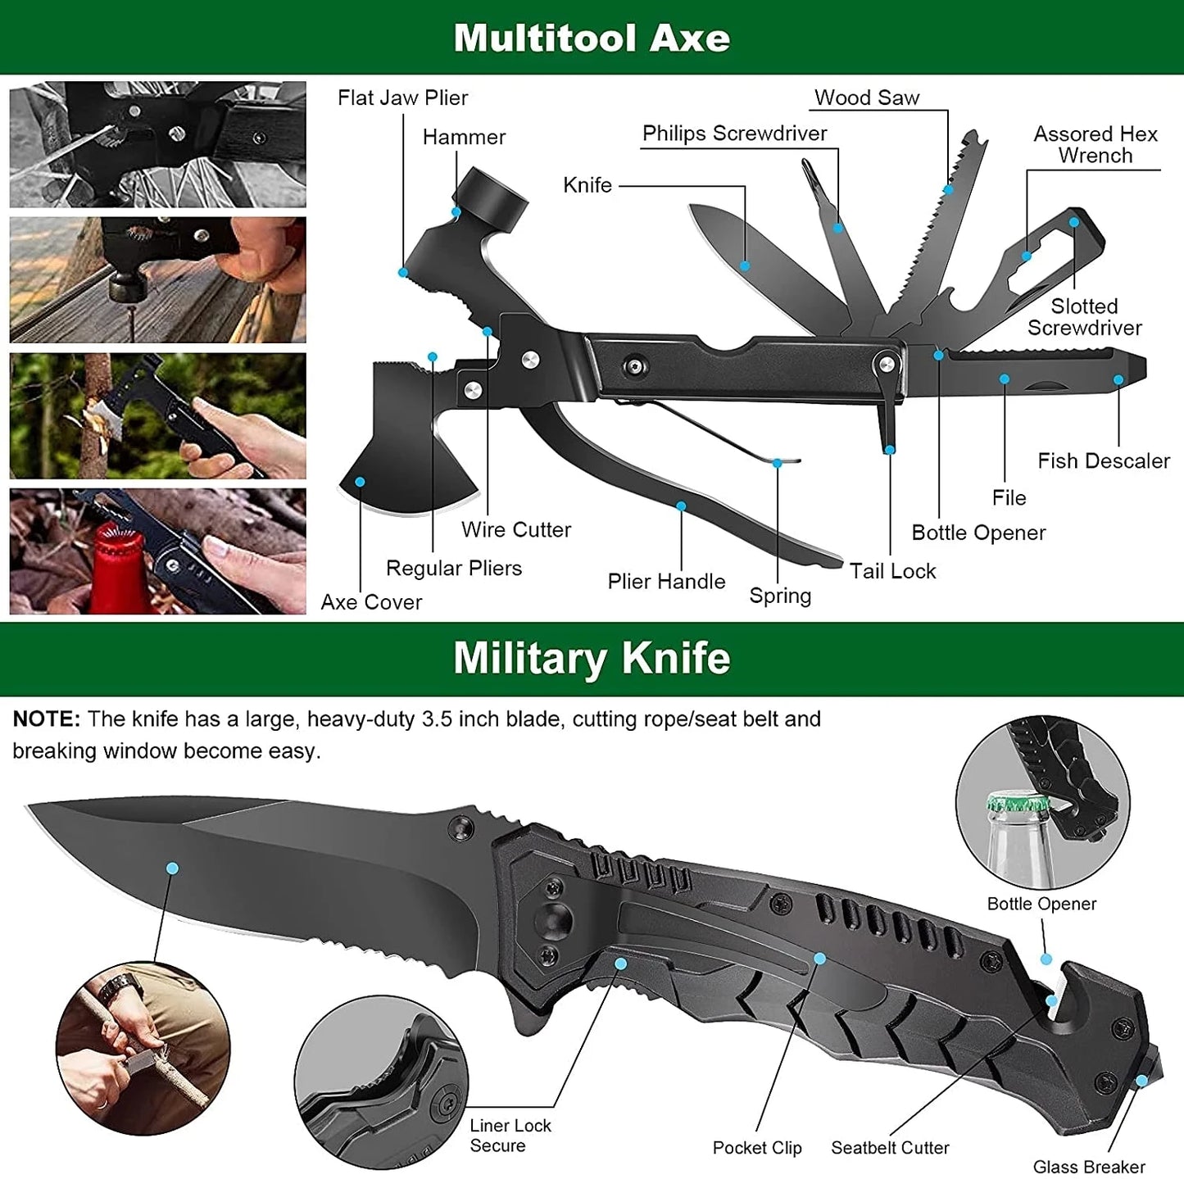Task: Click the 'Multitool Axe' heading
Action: tap(591, 38)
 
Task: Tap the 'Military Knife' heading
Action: tap(591, 659)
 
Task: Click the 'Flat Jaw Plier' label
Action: tap(402, 98)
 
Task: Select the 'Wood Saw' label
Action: tap(867, 98)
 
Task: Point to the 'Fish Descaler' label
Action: tap(1103, 461)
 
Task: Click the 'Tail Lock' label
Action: tap(892, 571)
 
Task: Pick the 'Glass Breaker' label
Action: tap(1088, 1167)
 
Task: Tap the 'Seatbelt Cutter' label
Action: tap(890, 1148)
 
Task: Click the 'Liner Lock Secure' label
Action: tap(510, 1136)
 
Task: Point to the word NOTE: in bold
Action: tap(47, 719)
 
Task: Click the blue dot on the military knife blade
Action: tap(172, 868)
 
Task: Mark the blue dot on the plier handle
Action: tap(681, 506)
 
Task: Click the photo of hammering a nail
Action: tap(157, 279)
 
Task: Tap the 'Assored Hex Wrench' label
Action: tap(1095, 145)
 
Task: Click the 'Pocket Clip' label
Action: tap(756, 1148)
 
